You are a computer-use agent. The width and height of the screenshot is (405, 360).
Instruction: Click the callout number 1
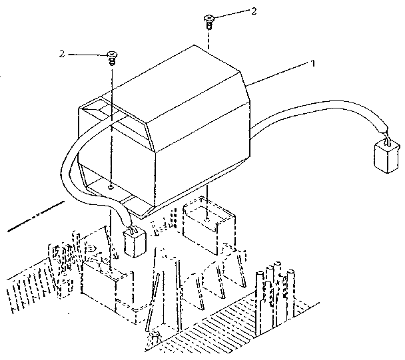point(313,63)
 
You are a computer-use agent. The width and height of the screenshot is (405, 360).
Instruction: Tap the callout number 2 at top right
point(254,11)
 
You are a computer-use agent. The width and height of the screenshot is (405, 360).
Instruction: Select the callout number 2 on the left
point(62,54)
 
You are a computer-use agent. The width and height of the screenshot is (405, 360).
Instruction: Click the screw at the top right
point(209,22)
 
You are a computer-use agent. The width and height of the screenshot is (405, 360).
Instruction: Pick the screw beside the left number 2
point(112,59)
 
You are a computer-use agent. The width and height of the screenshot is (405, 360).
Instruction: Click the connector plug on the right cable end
point(386,158)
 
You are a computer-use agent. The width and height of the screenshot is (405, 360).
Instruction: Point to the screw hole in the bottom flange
point(111,187)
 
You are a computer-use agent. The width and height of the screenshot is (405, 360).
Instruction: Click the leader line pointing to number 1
point(277,74)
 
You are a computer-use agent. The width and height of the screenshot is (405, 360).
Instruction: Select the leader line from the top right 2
point(231,14)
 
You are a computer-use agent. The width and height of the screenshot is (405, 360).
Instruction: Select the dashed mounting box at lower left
point(107,286)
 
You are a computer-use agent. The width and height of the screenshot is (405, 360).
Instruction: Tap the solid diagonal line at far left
point(36,216)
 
